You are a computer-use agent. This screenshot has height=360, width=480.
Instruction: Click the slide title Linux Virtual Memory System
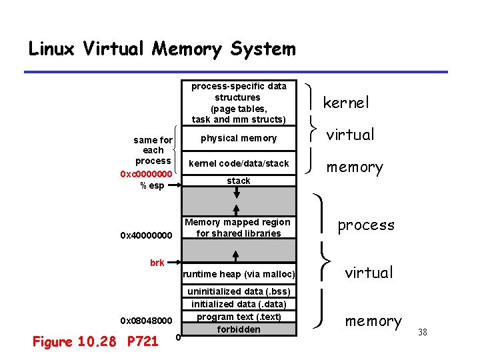[161, 49]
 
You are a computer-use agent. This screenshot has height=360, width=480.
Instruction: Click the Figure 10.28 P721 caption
[95, 342]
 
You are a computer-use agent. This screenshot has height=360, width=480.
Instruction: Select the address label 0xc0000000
[146, 173]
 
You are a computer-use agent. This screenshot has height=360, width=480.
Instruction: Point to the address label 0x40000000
[146, 235]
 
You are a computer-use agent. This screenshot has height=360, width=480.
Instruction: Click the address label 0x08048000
[146, 320]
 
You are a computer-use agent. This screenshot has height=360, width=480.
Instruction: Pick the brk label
[157, 263]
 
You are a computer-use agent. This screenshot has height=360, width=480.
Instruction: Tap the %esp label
[151, 185]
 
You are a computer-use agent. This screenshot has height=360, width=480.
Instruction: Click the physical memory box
[239, 138]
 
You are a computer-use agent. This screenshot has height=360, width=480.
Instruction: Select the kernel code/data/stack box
[239, 163]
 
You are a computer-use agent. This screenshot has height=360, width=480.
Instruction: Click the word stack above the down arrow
[239, 181]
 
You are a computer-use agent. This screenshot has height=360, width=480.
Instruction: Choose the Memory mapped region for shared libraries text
[238, 227]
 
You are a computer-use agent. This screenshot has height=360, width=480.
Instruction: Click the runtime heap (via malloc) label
[239, 274]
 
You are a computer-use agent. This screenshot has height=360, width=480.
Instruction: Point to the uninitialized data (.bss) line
[239, 291]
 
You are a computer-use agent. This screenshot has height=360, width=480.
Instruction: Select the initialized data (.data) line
[239, 304]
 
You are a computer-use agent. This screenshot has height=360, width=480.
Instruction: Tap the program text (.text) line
[239, 317]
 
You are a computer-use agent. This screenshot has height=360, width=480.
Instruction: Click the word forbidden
[239, 329]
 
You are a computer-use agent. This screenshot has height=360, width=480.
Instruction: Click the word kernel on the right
[345, 103]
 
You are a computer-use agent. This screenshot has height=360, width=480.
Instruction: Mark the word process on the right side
[366, 225]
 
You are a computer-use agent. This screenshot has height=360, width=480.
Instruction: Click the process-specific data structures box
[239, 103]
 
